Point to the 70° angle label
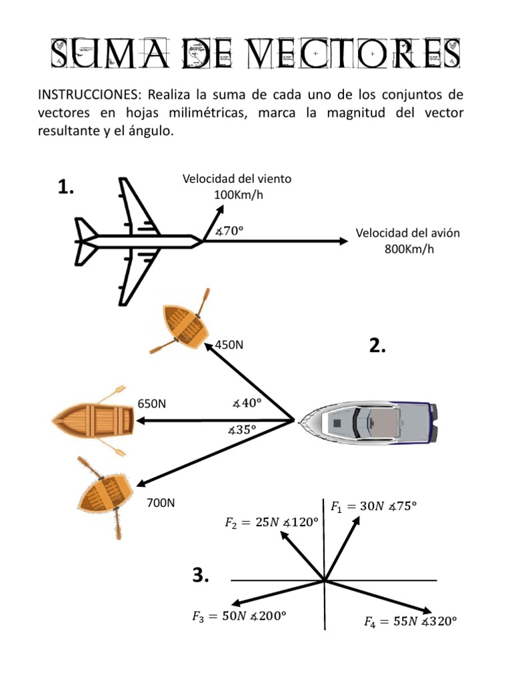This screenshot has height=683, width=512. (229, 231)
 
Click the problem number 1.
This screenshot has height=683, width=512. (65, 189)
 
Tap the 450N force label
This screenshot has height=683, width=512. (229, 345)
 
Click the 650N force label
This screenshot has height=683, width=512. (152, 404)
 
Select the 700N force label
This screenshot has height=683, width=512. (161, 502)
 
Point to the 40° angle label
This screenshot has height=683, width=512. (246, 403)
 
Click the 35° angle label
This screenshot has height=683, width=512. (242, 430)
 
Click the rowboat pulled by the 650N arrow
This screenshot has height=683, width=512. (93, 421)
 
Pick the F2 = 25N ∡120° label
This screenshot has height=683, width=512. (269, 522)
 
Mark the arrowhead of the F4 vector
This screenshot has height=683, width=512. (427, 610)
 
